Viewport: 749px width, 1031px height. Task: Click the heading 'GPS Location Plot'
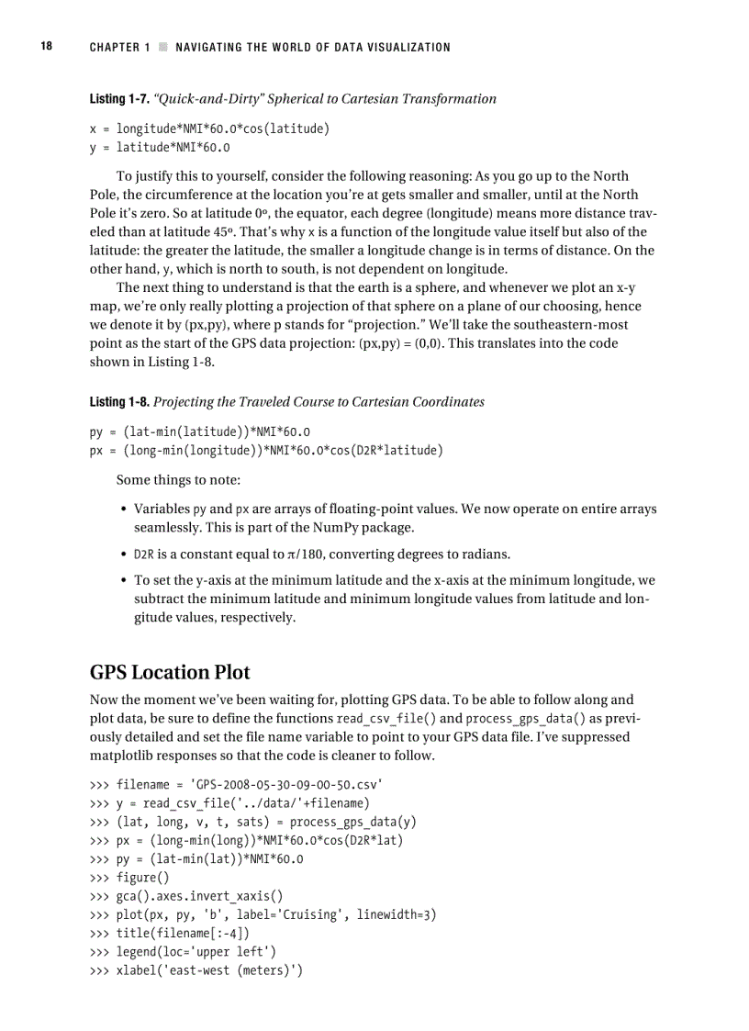coord(170,671)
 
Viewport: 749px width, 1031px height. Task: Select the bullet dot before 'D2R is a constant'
coord(123,555)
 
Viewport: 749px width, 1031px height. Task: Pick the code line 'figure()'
coord(143,879)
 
